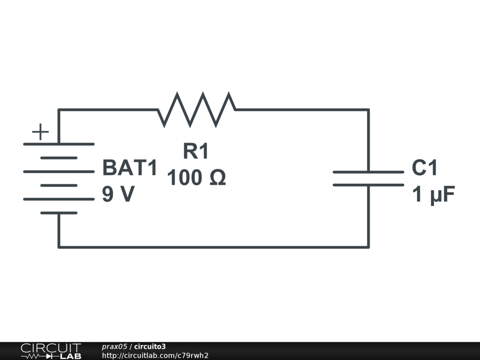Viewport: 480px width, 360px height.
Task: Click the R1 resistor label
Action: pos(195,152)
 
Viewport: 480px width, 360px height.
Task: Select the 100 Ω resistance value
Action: pos(196,178)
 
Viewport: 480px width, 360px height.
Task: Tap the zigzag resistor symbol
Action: pos(196,110)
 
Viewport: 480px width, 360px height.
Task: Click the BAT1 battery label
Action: pos(130,168)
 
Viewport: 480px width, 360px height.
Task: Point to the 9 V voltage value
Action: pos(118,194)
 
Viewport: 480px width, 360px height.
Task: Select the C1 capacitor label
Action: pos(425,168)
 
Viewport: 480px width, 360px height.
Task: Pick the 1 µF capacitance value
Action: pos(434,195)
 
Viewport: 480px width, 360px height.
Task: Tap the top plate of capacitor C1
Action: pos(368,172)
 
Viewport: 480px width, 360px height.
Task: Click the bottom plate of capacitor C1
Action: pos(368,185)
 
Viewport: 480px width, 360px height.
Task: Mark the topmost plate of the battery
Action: pos(59,144)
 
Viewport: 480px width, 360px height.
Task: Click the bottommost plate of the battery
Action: pos(59,213)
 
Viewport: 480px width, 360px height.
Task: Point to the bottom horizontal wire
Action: pos(213,247)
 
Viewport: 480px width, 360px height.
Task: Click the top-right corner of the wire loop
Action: pos(368,110)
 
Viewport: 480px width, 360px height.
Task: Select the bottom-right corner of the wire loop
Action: pos(368,247)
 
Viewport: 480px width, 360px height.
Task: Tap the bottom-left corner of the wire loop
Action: pos(59,247)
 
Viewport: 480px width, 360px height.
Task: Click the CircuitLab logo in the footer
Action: pos(51,351)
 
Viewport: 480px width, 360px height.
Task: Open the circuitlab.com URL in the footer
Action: pos(155,356)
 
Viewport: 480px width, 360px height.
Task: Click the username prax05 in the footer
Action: pos(114,347)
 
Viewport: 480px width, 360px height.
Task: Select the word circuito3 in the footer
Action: pos(150,347)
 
